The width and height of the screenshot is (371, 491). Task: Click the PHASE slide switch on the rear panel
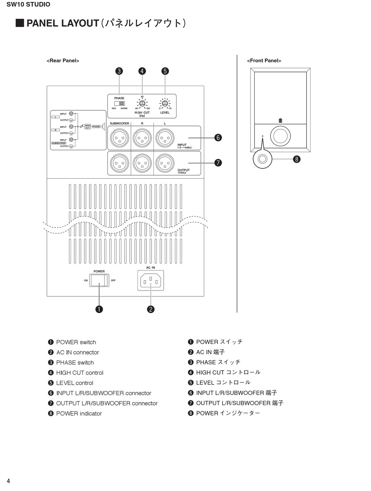pos(122,104)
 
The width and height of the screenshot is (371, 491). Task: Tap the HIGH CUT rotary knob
pos(142,104)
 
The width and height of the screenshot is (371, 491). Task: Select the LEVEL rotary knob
pos(165,104)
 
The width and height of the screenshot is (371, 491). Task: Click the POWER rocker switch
pos(99,280)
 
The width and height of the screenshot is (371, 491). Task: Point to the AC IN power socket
pos(151,280)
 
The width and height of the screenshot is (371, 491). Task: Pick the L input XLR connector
pos(165,138)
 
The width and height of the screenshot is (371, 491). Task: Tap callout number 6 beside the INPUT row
pos(218,138)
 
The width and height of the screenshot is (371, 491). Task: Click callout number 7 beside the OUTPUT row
pos(218,163)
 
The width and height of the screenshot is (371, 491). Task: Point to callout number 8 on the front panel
pos(297,159)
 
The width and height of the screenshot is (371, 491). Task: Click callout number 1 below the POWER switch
pos(99,309)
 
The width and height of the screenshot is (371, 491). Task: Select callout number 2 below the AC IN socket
pos(151,309)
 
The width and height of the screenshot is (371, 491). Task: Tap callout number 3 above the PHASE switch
pos(119,71)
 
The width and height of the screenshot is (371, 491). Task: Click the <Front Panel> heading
pos(264,61)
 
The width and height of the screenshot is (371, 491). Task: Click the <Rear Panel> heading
pos(63,61)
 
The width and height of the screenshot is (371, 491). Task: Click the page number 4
pos(8,481)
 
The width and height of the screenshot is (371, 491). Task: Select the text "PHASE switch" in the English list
pos(75,362)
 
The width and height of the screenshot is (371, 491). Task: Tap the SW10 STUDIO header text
pos(29,5)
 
